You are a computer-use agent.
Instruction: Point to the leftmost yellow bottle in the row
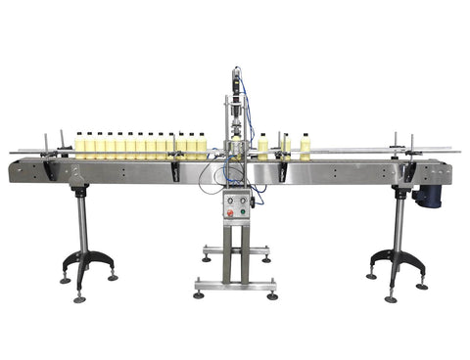(79, 146)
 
